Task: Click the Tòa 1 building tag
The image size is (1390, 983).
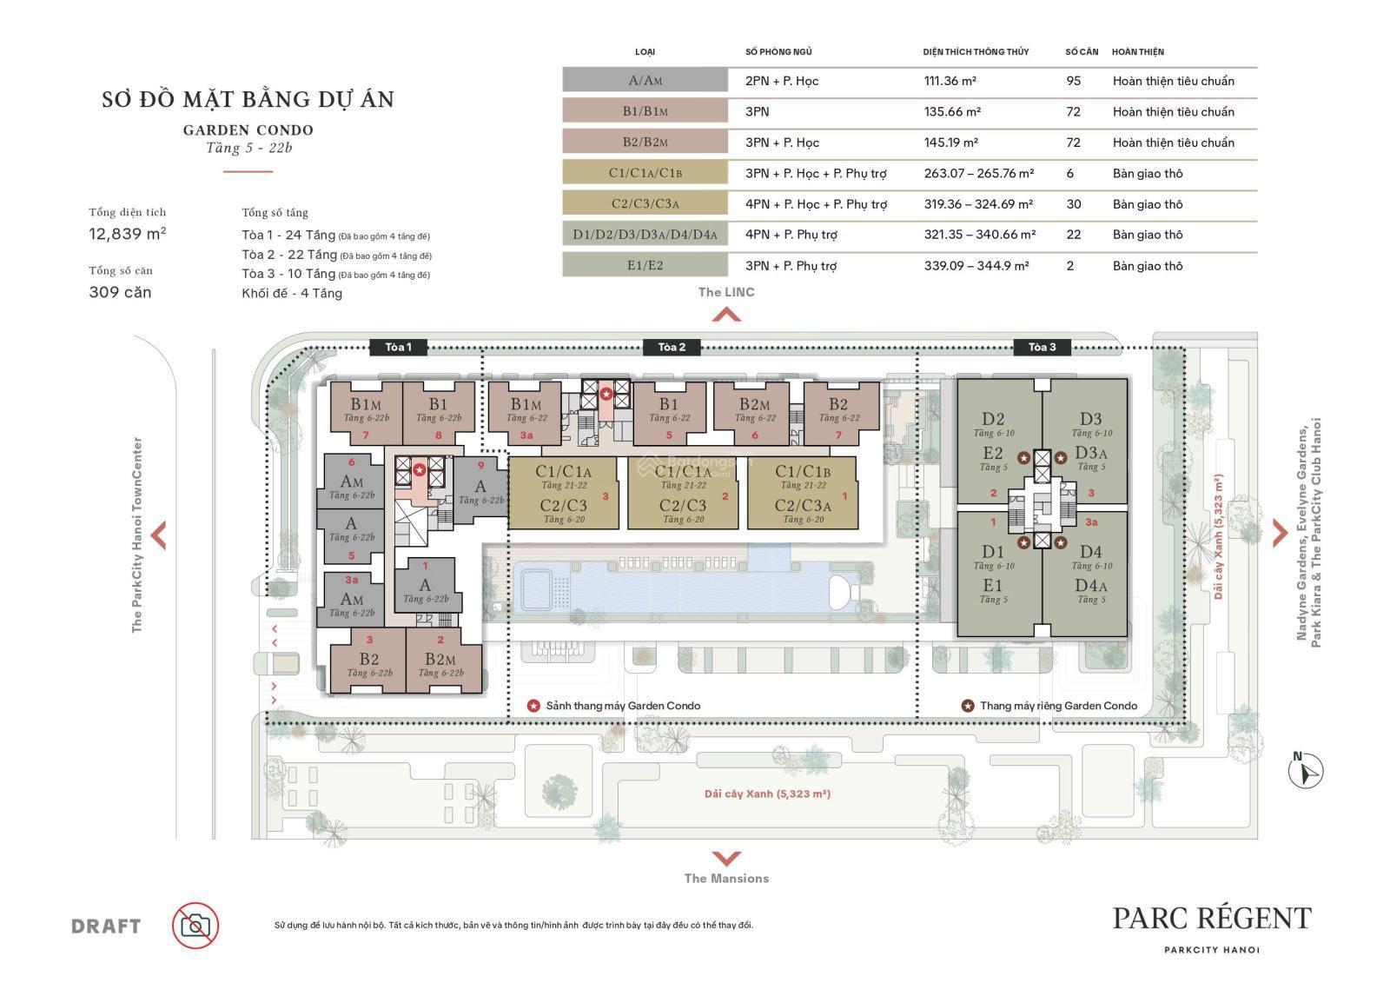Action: point(398,348)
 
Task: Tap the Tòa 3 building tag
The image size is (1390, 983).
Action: point(1042,348)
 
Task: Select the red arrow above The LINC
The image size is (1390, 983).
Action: point(726,315)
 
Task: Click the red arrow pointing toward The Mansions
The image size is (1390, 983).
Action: point(726,858)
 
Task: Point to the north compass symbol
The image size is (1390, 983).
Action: point(1306,770)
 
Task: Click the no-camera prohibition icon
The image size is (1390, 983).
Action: point(195,926)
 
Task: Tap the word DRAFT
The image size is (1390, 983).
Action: point(106,927)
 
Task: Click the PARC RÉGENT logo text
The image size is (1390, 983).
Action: point(1212,918)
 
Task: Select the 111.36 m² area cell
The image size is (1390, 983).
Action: point(950,81)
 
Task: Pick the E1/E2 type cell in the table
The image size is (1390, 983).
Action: point(645,266)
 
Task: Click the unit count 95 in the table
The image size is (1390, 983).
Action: point(1073,81)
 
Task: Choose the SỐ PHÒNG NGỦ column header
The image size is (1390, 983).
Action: point(778,52)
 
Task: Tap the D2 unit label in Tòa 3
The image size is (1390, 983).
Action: point(993,419)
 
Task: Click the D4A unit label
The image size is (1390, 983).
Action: point(1090,586)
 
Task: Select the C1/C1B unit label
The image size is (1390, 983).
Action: point(803,472)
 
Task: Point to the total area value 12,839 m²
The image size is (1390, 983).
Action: point(128,234)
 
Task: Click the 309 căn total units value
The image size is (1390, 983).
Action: point(120,292)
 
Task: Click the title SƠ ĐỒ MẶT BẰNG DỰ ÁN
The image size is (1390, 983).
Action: point(248,100)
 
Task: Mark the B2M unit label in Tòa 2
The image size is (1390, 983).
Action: point(754,404)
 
